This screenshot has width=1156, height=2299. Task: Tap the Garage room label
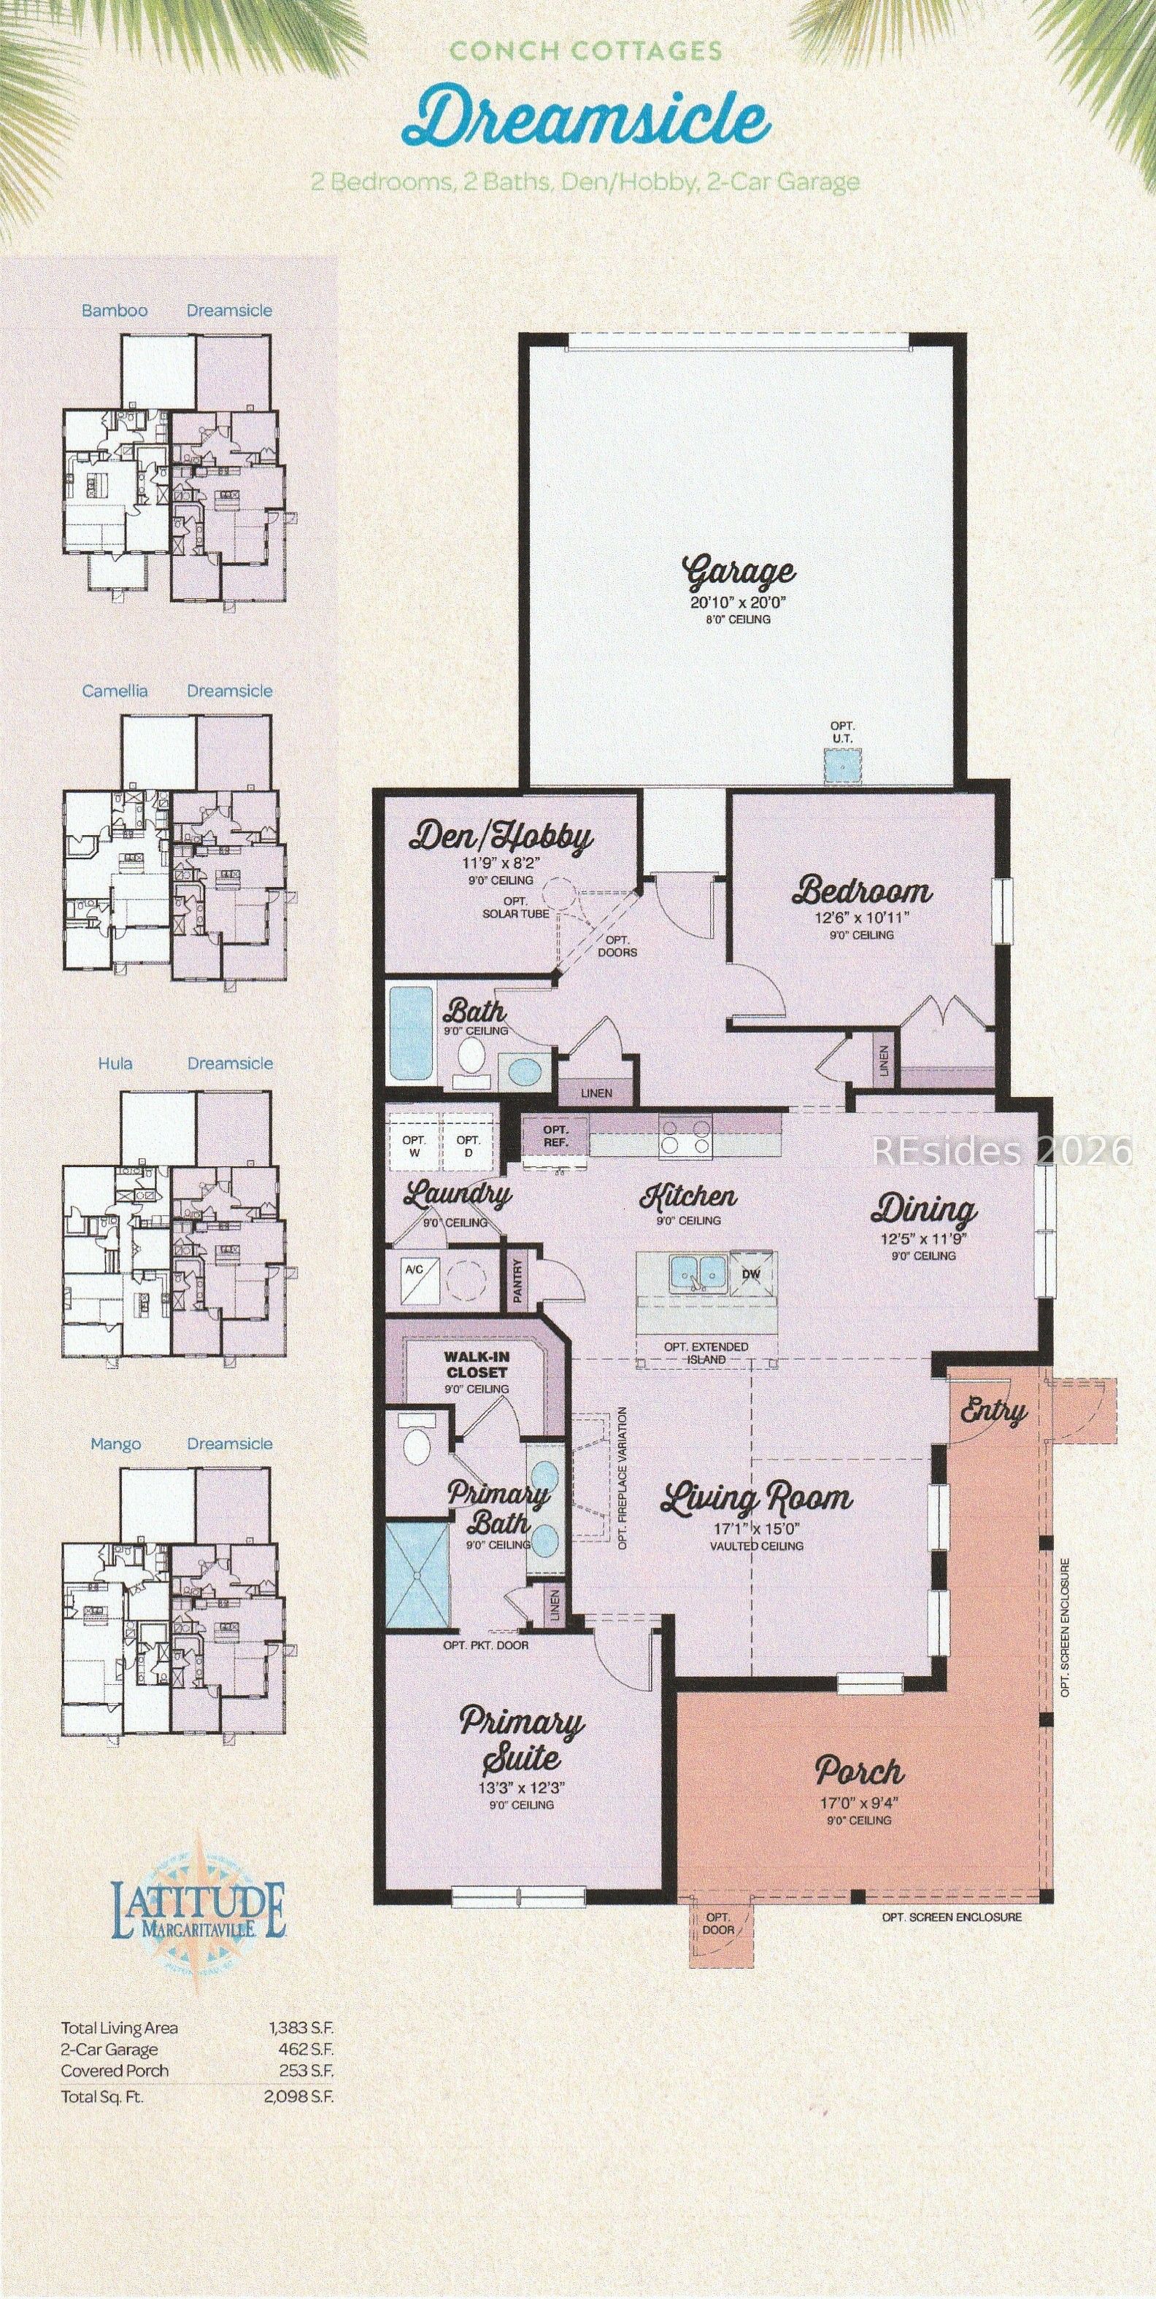(x=739, y=573)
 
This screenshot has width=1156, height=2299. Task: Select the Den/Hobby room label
(x=501, y=837)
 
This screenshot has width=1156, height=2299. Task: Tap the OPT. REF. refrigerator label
(x=556, y=1135)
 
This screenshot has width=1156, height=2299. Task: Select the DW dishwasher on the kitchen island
(x=752, y=1273)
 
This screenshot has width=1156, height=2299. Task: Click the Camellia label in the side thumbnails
(x=115, y=691)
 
